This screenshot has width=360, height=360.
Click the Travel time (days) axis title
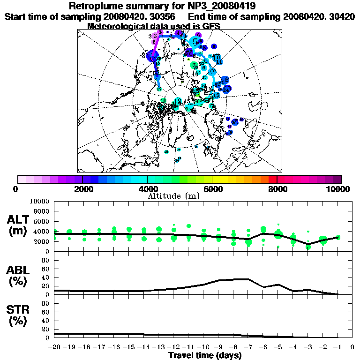tap(205, 355)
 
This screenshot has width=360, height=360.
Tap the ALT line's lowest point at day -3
tap(308, 244)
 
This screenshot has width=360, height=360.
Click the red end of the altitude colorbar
tap(272, 179)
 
